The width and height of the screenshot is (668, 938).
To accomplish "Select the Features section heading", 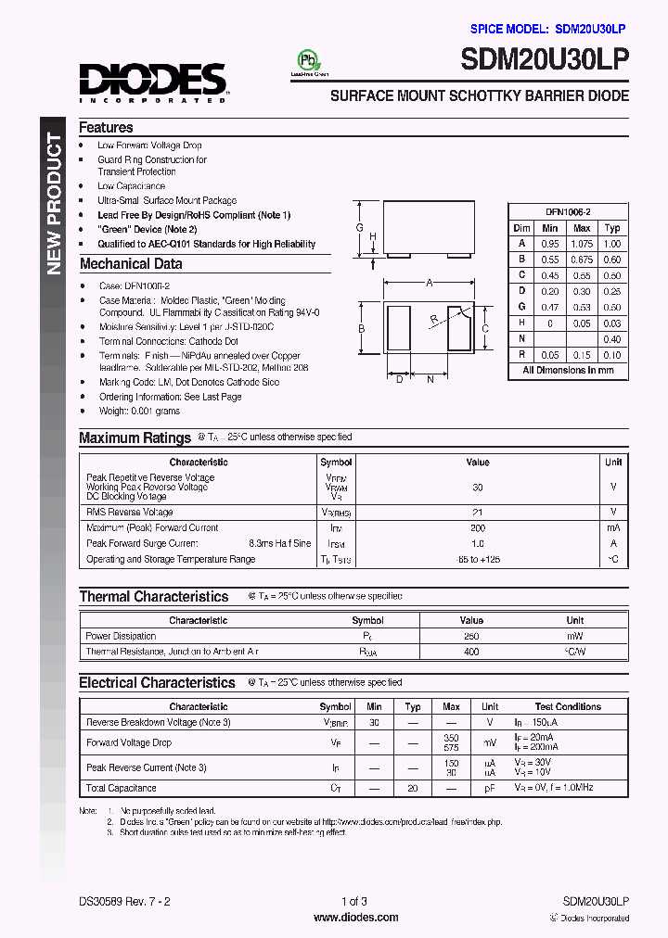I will point(106,128).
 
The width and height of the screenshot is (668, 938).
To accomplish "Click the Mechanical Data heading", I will point(130,264).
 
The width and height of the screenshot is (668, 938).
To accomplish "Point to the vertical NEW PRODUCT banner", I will point(54,204).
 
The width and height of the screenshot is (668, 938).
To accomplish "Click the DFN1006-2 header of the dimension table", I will point(567,212).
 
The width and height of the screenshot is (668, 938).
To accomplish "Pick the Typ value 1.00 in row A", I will point(612,244).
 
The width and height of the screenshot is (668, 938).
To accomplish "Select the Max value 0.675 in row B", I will point(582,260).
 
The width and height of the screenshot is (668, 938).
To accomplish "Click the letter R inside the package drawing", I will point(434,321).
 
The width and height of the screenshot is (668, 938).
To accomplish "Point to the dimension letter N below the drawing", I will point(430,379).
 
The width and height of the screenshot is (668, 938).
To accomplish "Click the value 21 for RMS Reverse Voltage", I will point(478,512).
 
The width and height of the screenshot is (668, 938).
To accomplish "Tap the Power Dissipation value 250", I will point(471,637).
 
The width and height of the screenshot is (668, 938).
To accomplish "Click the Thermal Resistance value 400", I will point(471,653).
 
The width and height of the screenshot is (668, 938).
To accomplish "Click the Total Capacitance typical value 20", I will point(413,788).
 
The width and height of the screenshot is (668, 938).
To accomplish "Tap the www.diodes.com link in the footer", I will point(355,918).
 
